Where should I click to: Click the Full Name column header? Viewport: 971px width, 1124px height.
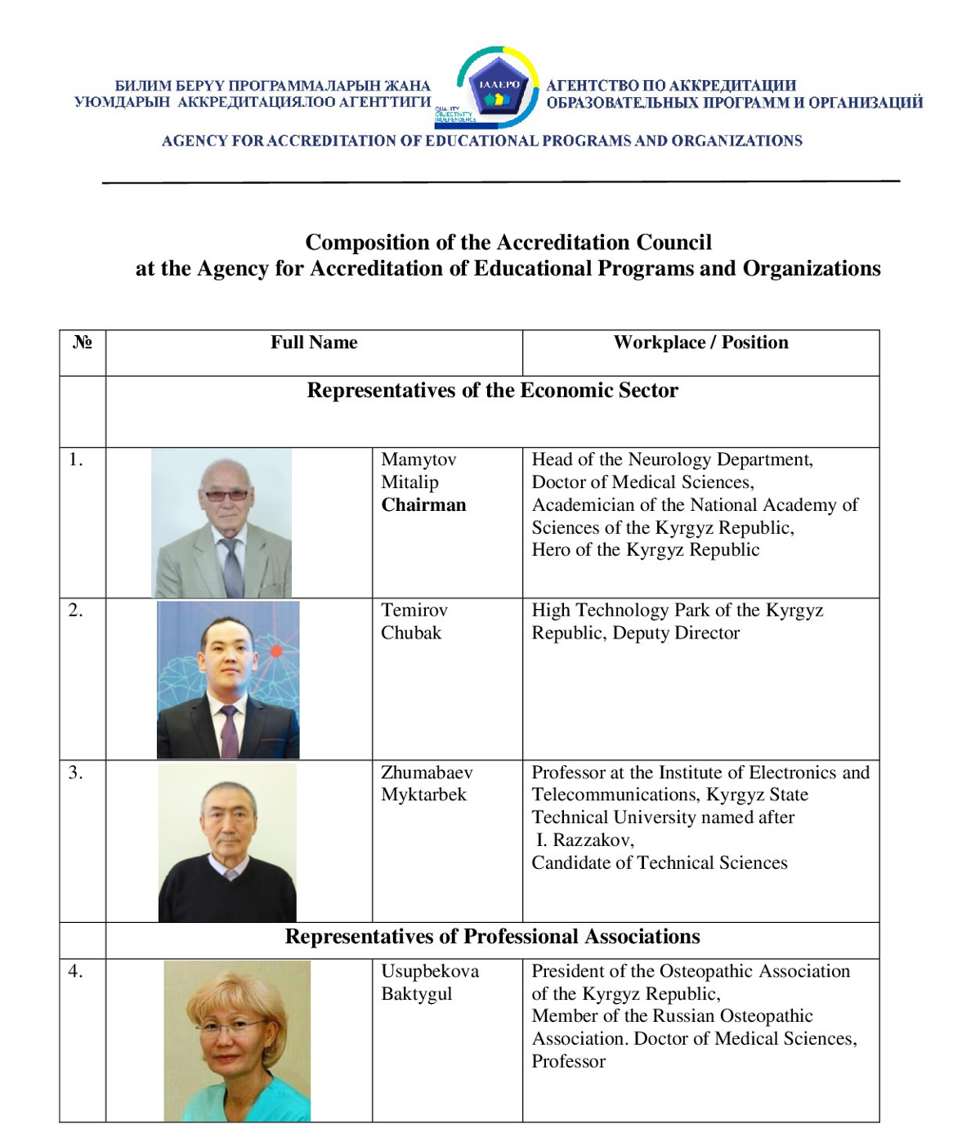314,343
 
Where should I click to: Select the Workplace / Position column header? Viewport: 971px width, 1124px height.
700,343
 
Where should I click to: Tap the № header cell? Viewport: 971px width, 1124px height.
82,343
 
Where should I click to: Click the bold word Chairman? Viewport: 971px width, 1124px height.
423,505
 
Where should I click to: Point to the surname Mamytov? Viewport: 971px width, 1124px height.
418,459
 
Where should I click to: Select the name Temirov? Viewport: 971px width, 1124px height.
414,610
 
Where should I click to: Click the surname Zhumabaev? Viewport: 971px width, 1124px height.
427,772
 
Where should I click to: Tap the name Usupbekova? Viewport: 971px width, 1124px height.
430,971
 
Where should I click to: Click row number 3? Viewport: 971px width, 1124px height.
75,772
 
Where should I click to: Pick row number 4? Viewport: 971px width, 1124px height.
75,971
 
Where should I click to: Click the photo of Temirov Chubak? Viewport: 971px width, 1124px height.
228,679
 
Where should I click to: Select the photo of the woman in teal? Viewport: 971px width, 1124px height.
237,1040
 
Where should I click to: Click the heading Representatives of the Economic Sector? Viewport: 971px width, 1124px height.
492,391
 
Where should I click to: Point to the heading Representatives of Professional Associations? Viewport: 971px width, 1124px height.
492,937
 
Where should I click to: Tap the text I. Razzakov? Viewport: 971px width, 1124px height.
584,840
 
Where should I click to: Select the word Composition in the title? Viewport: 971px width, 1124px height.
357,243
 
